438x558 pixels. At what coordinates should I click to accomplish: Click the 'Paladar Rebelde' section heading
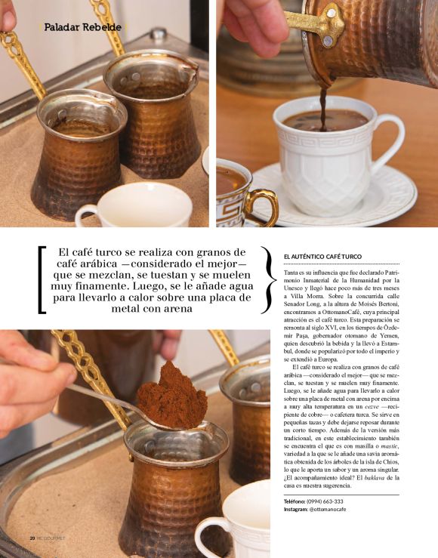[x=82, y=27]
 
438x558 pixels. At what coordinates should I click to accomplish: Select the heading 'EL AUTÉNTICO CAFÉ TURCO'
[x=322, y=257]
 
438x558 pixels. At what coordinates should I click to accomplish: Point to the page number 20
[x=32, y=538]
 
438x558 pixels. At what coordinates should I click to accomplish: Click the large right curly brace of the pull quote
[x=266, y=279]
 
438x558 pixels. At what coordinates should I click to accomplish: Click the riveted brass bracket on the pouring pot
[x=328, y=26]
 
